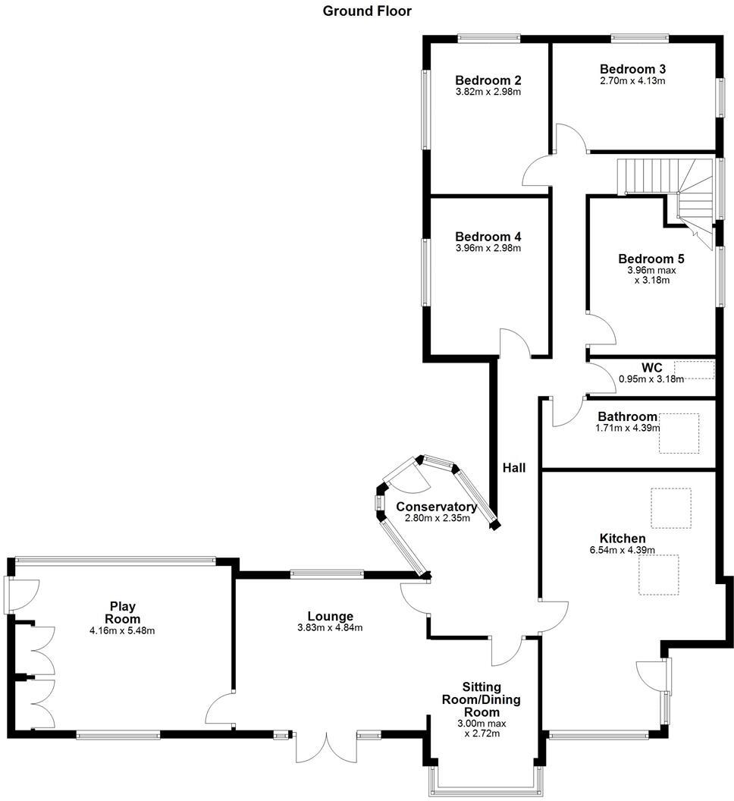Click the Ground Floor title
[x=367, y=11]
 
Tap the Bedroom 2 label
[x=488, y=80]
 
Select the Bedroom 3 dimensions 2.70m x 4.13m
[x=632, y=80]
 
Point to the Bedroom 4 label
[x=488, y=237]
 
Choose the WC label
[x=651, y=368]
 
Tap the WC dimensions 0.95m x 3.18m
[x=651, y=379]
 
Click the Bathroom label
[x=627, y=416]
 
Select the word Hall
[x=513, y=468]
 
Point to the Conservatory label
[x=436, y=507]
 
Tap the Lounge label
[x=330, y=616]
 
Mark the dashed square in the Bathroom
[x=679, y=433]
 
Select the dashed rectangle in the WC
[x=694, y=370]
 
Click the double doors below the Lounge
[x=327, y=746]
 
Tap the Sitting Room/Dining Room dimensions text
[x=482, y=729]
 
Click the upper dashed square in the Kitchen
[x=670, y=508]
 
